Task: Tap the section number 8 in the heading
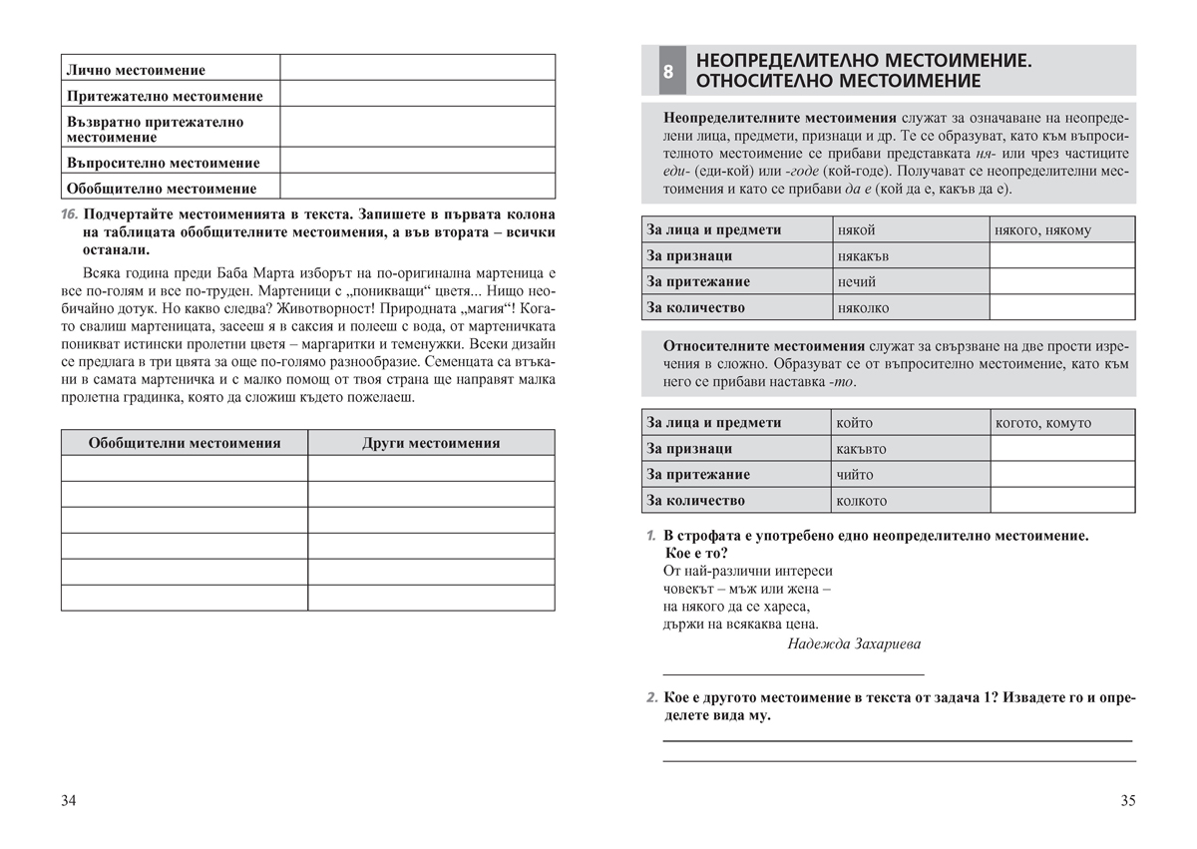[x=667, y=72]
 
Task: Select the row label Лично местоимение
[x=136, y=70]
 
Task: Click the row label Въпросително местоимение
[x=163, y=163]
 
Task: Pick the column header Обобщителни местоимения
[x=185, y=443]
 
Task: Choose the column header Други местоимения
[x=431, y=443]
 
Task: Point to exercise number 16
[x=69, y=214]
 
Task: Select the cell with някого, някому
[x=1042, y=230]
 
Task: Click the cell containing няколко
[x=863, y=308]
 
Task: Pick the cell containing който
[x=855, y=423]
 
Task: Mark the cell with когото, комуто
[x=1042, y=423]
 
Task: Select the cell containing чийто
[x=855, y=475]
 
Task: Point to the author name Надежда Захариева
[x=854, y=643]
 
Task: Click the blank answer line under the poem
[x=793, y=674]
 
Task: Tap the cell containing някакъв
[x=863, y=256]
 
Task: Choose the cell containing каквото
[x=862, y=449]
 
